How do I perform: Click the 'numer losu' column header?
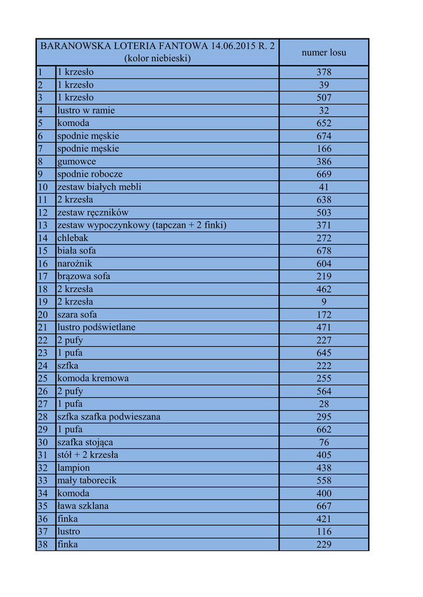(x=324, y=52)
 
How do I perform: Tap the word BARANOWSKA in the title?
(x=69, y=46)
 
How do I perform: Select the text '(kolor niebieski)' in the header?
(x=158, y=58)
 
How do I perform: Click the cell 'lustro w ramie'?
(x=86, y=110)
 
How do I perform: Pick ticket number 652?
(x=324, y=123)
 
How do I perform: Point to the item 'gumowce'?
(x=76, y=161)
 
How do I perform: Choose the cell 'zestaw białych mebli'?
(x=99, y=187)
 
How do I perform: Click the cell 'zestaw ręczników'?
(x=93, y=212)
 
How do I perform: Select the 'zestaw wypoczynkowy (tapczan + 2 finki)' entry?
(x=142, y=225)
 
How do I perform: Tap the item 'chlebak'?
(x=73, y=238)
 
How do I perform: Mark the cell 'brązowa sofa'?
(x=83, y=276)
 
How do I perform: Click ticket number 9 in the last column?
(x=324, y=302)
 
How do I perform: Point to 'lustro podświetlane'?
(x=96, y=327)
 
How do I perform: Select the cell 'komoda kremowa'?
(x=93, y=378)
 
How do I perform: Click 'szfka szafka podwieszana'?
(x=109, y=417)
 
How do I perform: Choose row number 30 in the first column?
(x=43, y=443)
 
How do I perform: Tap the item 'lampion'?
(x=74, y=468)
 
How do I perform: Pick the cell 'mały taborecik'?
(x=87, y=480)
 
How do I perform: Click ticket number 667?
(x=324, y=506)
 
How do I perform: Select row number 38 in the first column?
(x=43, y=545)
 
